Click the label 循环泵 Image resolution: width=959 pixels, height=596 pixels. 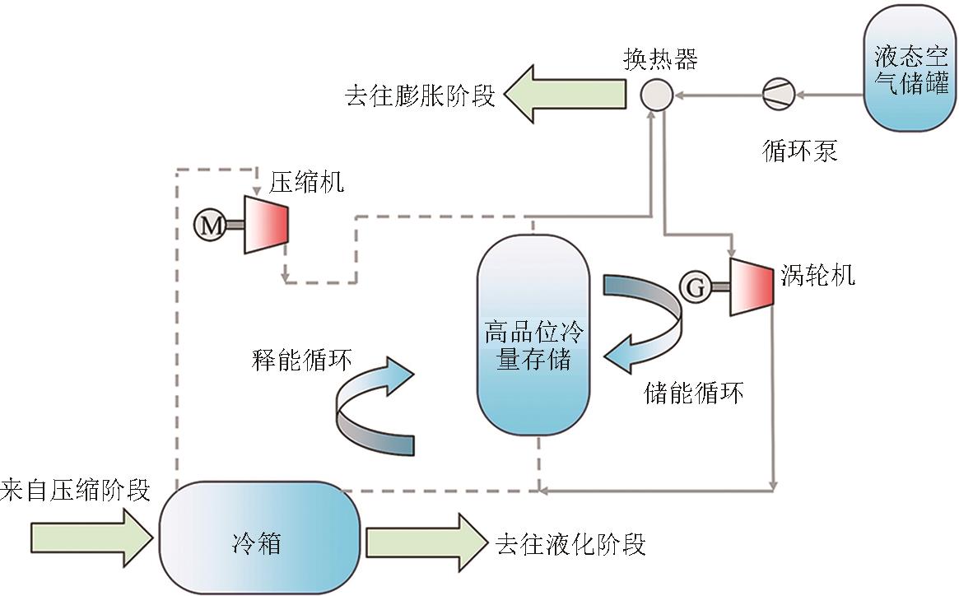pos(799,151)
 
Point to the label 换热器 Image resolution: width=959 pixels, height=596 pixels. pos(660,60)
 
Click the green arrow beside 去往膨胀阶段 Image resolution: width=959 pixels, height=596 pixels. pos(565,95)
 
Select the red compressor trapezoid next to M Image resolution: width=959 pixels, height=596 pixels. pos(266,225)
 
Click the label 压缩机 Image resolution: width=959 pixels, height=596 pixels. pos(306,182)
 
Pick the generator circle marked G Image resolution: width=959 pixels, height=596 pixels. pos(695,286)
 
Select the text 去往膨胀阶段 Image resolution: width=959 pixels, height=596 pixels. pos(420,95)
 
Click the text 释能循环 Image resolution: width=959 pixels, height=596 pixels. pos(302,361)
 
